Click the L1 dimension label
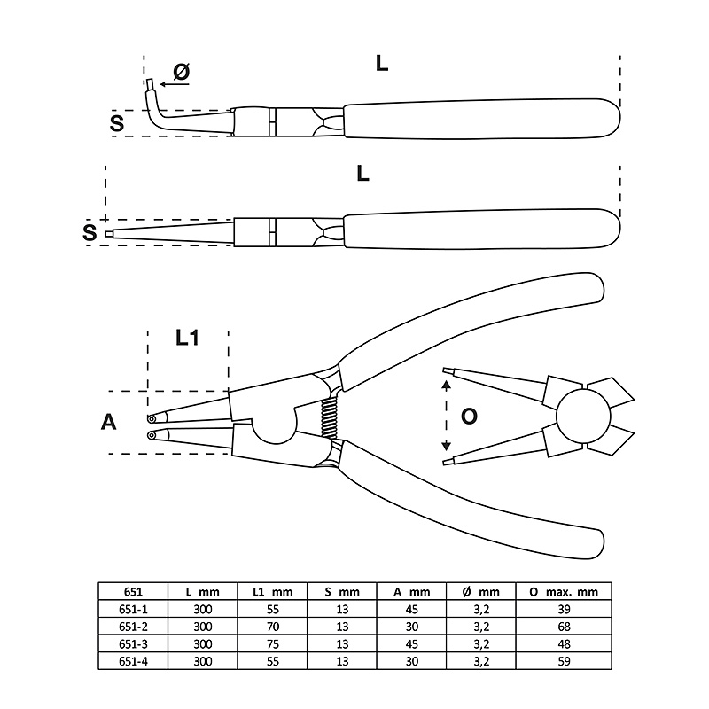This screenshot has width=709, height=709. click(187, 338)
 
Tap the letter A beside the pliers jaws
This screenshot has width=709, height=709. click(108, 423)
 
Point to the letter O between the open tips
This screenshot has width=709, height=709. click(469, 416)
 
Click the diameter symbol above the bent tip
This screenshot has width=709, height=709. click(182, 72)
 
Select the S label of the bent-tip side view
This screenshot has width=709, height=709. click(117, 123)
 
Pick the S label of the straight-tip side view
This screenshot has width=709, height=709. click(90, 232)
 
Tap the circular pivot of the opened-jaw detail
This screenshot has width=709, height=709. click(577, 416)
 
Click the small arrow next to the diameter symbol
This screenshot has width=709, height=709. click(175, 84)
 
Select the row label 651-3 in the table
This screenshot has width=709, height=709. click(133, 644)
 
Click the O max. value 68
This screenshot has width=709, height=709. click(564, 627)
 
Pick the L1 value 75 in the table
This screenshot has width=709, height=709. click(273, 644)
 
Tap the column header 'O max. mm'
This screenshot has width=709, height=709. click(564, 592)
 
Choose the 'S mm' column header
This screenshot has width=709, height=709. click(342, 592)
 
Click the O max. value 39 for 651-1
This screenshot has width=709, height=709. click(564, 610)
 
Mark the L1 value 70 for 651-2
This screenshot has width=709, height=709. click(273, 627)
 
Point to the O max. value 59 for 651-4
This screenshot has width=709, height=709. click(564, 661)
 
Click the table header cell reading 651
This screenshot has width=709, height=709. click(133, 592)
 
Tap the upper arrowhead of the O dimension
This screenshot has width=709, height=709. click(447, 385)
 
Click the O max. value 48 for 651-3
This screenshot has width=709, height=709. click(564, 644)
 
